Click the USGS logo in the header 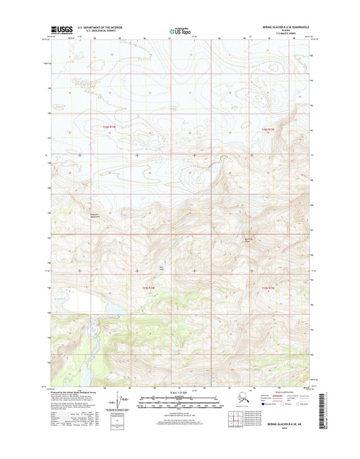[x=61, y=30]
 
